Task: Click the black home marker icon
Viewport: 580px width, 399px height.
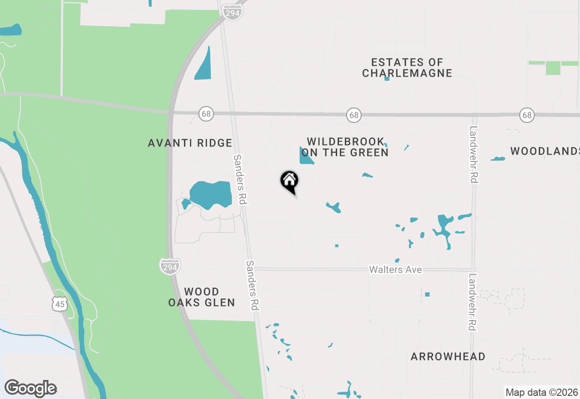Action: click(289, 181)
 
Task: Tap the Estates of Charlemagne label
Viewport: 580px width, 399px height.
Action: click(407, 68)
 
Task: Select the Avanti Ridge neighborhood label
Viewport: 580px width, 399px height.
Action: click(190, 143)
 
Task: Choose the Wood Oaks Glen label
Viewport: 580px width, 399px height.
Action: click(202, 297)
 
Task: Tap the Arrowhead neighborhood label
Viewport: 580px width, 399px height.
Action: click(448, 357)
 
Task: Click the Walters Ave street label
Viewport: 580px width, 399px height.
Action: click(395, 270)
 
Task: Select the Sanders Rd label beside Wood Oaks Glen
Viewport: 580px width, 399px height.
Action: click(253, 285)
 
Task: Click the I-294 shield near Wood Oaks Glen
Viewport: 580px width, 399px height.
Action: click(169, 267)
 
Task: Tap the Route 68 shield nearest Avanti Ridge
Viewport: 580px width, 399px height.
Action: click(206, 113)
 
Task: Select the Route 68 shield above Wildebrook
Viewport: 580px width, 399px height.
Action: click(353, 115)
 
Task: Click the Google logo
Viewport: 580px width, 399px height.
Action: click(30, 388)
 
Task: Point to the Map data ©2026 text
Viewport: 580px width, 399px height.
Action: click(541, 392)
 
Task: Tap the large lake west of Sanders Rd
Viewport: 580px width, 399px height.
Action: click(211, 194)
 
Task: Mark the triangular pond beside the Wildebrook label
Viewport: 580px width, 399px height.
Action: click(305, 156)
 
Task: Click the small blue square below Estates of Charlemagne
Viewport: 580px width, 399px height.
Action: click(387, 78)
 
